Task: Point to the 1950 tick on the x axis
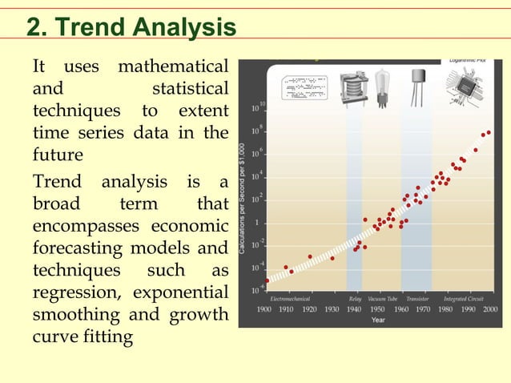(377, 308)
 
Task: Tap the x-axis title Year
(377, 320)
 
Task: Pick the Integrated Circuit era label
(465, 298)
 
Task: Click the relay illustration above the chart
(353, 86)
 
